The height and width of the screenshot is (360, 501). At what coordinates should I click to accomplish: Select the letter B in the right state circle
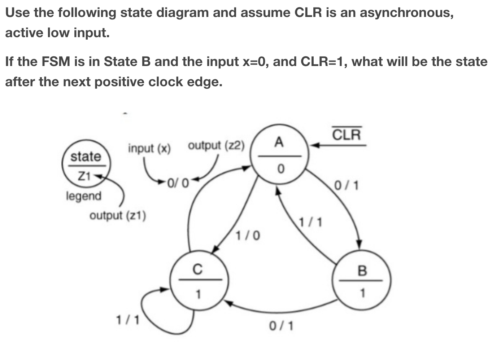[x=362, y=270]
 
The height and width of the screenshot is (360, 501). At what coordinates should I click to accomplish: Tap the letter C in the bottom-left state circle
[x=197, y=269]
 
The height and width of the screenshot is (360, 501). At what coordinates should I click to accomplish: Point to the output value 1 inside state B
[x=363, y=293]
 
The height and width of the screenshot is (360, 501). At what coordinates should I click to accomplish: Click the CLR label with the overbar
[x=346, y=135]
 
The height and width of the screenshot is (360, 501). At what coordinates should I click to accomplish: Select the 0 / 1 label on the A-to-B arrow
[x=346, y=185]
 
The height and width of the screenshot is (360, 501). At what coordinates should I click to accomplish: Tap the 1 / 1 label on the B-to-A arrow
[x=310, y=222]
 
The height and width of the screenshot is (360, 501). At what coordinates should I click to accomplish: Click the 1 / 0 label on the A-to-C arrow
[x=248, y=236]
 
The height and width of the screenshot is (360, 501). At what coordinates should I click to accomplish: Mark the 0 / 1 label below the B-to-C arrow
[x=282, y=326]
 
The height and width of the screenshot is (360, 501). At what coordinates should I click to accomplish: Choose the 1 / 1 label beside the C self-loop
[x=127, y=320]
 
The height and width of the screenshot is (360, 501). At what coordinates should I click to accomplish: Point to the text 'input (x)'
[x=149, y=148]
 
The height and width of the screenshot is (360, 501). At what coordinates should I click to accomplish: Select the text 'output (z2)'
[x=216, y=145]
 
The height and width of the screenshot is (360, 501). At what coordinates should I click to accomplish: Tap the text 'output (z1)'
[x=118, y=215]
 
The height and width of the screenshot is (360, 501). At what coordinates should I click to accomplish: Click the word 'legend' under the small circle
[x=84, y=196]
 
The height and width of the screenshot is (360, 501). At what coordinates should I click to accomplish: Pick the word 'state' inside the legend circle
[x=86, y=157]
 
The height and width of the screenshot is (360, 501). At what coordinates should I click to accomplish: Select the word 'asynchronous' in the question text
[x=406, y=13]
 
